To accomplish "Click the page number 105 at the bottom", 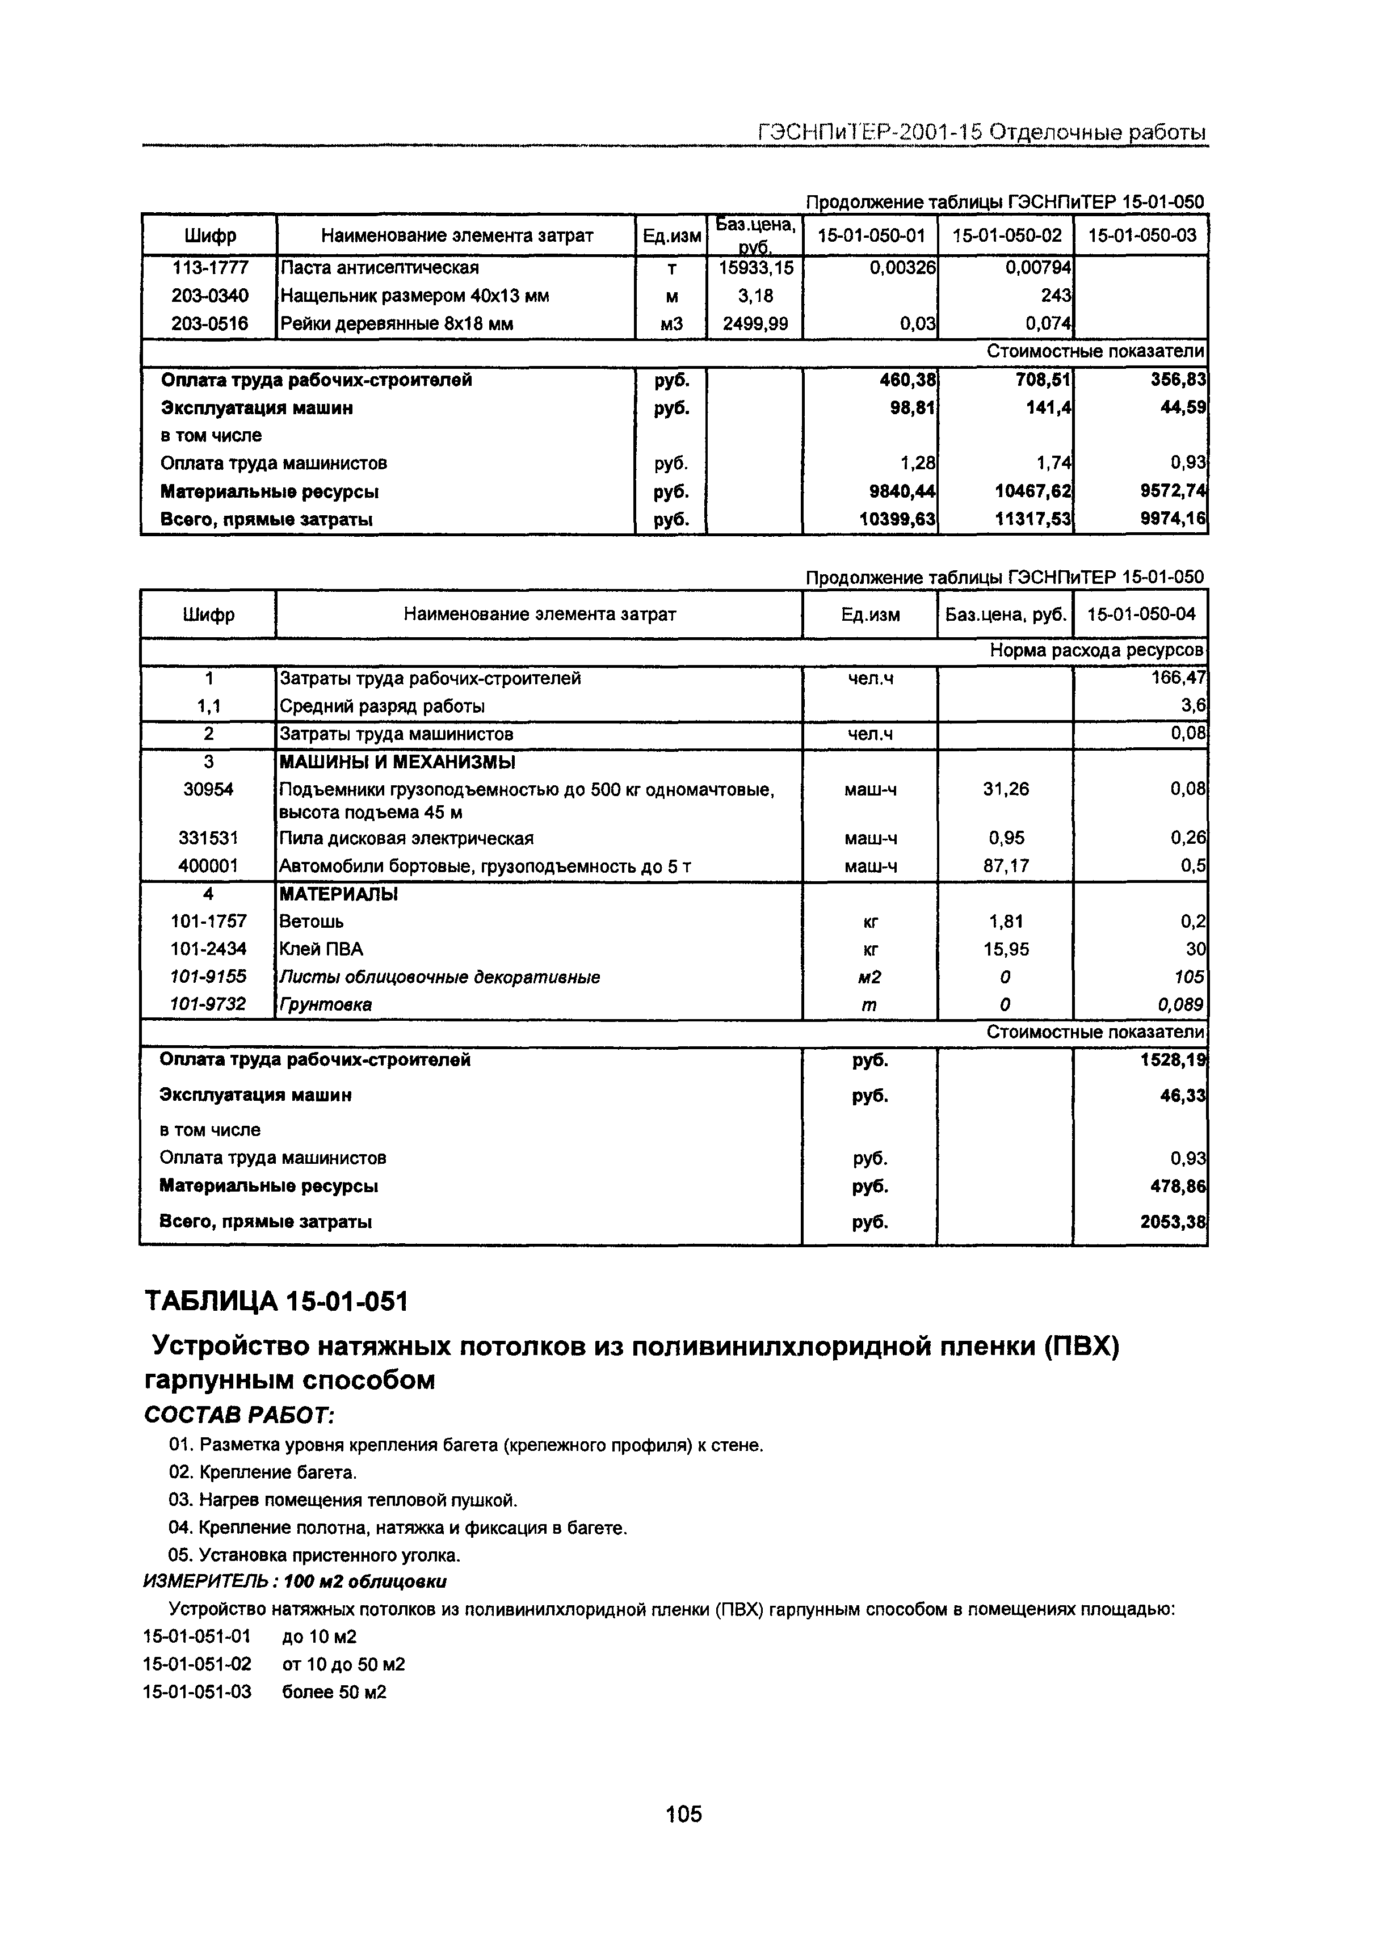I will pyautogui.click(x=684, y=1813).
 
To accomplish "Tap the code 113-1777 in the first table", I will pyautogui.click(x=210, y=268).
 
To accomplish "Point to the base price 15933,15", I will pyautogui.click(x=755, y=268).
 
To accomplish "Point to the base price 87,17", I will pyautogui.click(x=1006, y=865).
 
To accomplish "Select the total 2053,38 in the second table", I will pyautogui.click(x=1173, y=1222).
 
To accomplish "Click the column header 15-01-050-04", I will pyautogui.click(x=1141, y=614).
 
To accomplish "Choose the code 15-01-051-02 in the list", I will pyautogui.click(x=198, y=1664).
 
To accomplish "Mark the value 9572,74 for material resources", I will pyautogui.click(x=1173, y=491).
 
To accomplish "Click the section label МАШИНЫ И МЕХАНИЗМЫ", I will pyautogui.click(x=397, y=762).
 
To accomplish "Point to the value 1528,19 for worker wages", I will pyautogui.click(x=1173, y=1060).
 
